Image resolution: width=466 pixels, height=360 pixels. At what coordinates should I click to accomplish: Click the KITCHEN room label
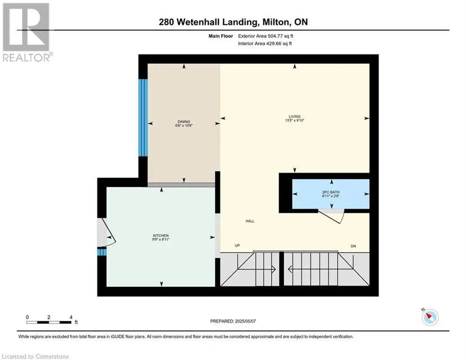(161, 236)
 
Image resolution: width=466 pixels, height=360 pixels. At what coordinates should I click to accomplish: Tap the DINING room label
(184, 122)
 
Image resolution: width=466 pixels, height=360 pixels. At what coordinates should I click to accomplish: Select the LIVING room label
(295, 117)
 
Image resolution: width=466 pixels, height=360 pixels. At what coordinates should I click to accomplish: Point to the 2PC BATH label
(331, 192)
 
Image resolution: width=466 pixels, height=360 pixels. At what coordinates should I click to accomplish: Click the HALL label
(250, 221)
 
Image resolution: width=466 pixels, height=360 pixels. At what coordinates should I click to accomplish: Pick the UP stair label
(237, 246)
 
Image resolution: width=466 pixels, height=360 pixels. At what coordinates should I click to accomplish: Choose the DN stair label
(353, 246)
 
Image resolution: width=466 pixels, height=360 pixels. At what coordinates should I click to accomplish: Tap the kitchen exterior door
(106, 232)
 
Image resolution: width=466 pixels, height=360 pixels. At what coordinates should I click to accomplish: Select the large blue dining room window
(143, 118)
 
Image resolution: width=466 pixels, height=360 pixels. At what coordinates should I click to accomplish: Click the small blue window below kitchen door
(102, 252)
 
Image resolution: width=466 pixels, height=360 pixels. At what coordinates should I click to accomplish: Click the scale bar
(49, 322)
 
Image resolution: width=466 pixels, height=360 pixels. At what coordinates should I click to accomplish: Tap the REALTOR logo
(26, 32)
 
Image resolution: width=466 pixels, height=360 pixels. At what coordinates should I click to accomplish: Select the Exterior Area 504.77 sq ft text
(266, 36)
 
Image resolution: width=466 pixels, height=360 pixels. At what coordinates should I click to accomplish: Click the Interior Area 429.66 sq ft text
(265, 44)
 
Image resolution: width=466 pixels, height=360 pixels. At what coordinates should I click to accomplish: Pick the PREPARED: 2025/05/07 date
(233, 321)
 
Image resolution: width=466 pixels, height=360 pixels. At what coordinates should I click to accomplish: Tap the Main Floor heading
(221, 36)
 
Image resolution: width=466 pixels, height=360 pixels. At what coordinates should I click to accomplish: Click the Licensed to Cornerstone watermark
(36, 356)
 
